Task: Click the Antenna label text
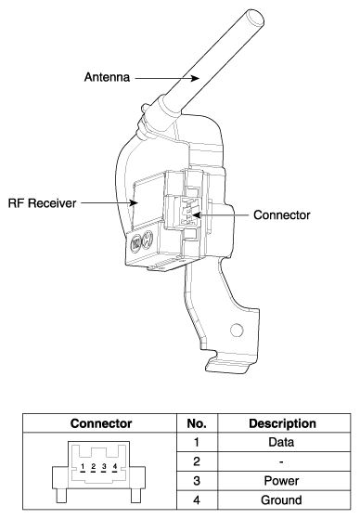tap(107, 77)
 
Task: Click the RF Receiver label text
tap(42, 203)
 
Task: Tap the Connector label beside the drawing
tap(281, 215)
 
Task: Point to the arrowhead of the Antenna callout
tap(195, 78)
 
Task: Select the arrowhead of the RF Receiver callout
tap(134, 202)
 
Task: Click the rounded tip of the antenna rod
tap(255, 18)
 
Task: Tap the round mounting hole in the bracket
tap(237, 330)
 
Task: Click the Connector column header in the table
tap(101, 423)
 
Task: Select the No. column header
tap(197, 423)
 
